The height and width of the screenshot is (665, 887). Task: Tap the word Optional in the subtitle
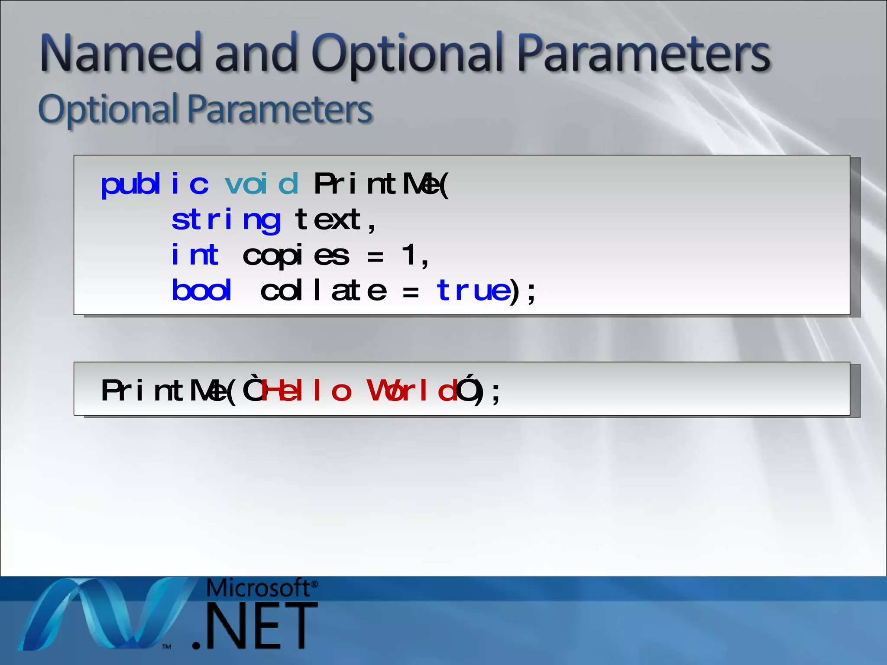108,109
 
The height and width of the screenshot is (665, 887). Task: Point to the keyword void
262,184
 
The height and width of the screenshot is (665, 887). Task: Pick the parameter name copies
296,256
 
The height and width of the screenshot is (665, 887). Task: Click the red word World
411,391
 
